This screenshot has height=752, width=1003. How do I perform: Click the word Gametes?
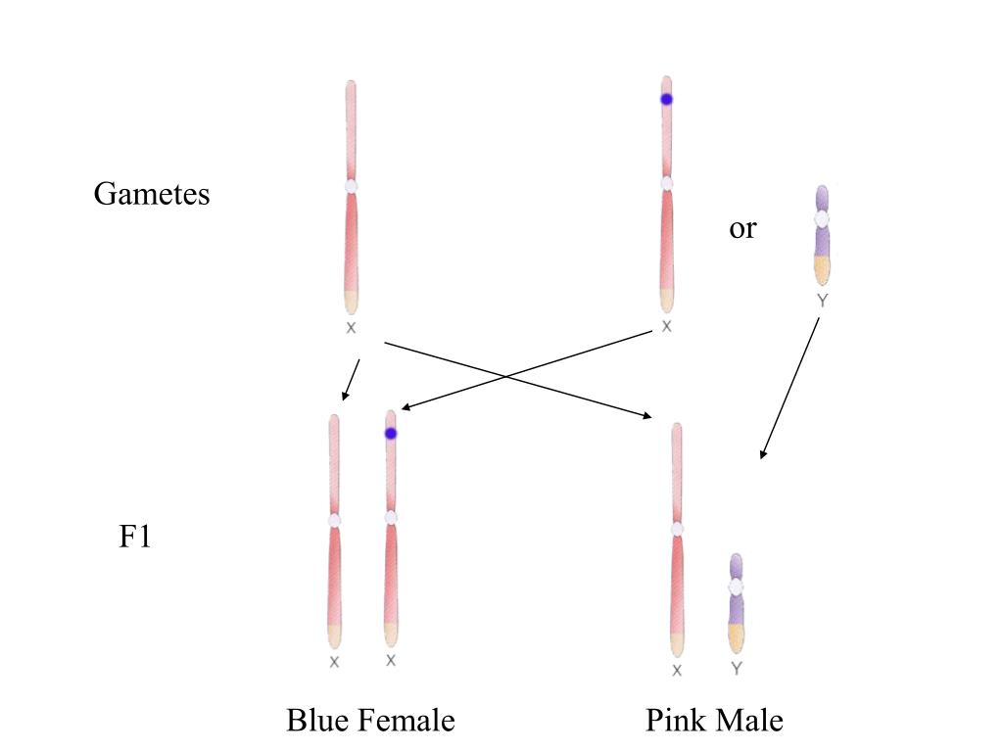(152, 194)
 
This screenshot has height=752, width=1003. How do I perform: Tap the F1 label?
(135, 538)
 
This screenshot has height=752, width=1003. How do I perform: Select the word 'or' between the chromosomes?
(742, 229)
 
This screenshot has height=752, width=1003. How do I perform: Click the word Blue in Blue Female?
(320, 722)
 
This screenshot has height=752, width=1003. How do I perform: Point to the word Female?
(406, 722)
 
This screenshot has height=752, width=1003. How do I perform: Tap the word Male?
(750, 722)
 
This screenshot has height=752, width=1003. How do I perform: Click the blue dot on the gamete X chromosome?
(666, 99)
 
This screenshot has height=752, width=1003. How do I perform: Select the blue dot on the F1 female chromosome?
(391, 433)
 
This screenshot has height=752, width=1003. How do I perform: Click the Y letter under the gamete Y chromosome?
(822, 302)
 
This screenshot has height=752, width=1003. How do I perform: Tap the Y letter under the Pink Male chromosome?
(737, 670)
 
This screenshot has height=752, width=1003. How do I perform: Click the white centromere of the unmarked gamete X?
(351, 185)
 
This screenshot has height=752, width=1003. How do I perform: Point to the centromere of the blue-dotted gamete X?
(667, 183)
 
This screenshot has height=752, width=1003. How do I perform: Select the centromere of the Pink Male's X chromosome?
(677, 529)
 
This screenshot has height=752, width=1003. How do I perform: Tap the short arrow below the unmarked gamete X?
(351, 380)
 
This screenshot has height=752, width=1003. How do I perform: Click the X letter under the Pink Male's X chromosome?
(677, 671)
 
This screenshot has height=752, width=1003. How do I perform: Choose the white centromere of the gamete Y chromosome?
(822, 219)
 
